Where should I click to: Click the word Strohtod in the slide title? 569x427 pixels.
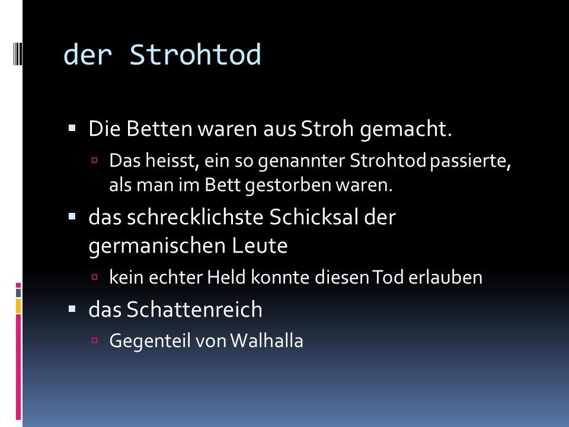195,55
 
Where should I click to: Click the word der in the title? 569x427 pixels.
88,55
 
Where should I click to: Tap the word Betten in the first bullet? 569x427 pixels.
159,129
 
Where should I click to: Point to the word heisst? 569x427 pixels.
172,161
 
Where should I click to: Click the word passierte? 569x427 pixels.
470,161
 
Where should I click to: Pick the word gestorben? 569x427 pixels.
288,185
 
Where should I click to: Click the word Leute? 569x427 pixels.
260,246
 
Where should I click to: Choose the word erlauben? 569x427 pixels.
445,278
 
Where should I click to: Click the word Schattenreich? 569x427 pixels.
194,310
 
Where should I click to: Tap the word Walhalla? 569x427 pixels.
267,341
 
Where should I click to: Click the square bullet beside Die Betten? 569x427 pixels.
72,128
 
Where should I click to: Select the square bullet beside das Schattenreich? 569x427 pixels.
72,309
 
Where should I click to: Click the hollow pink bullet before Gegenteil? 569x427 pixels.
95,340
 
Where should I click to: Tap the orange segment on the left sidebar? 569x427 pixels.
18,306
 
